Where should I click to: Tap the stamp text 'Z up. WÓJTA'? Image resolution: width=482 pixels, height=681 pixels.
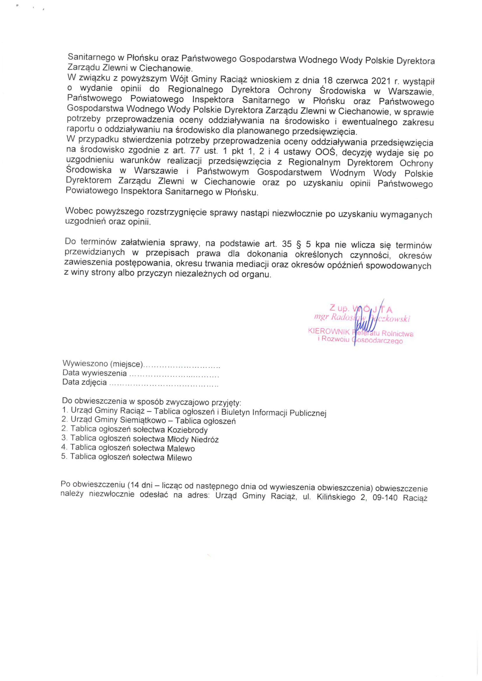coord(361,309)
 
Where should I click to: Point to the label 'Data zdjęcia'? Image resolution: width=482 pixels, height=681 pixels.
coord(84,382)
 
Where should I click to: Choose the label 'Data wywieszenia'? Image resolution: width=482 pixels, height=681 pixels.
coord(94,373)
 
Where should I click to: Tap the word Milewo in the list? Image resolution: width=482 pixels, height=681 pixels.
coord(179,458)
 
